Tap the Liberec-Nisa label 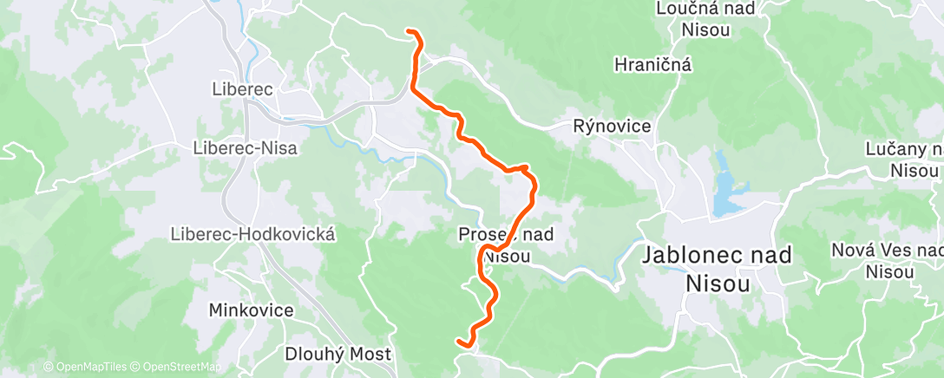pyautogui.click(x=245, y=148)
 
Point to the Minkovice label pyautogui.click(x=251, y=310)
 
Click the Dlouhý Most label pyautogui.click(x=338, y=354)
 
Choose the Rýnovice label pyautogui.click(x=613, y=127)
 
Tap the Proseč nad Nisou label pyautogui.click(x=505, y=244)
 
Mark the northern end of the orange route pyautogui.click(x=410, y=32)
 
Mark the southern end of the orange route pyautogui.click(x=459, y=343)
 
